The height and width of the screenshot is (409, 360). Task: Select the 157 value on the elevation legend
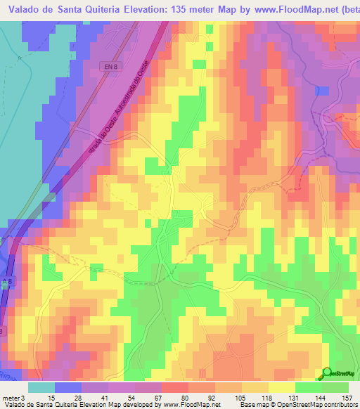pos(347,398)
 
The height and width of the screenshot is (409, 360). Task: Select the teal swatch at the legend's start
pos(41,387)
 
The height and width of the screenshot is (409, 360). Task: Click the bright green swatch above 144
pos(308,387)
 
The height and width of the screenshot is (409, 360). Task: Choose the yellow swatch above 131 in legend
pos(281,387)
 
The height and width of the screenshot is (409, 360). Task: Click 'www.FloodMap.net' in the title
pos(288,10)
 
